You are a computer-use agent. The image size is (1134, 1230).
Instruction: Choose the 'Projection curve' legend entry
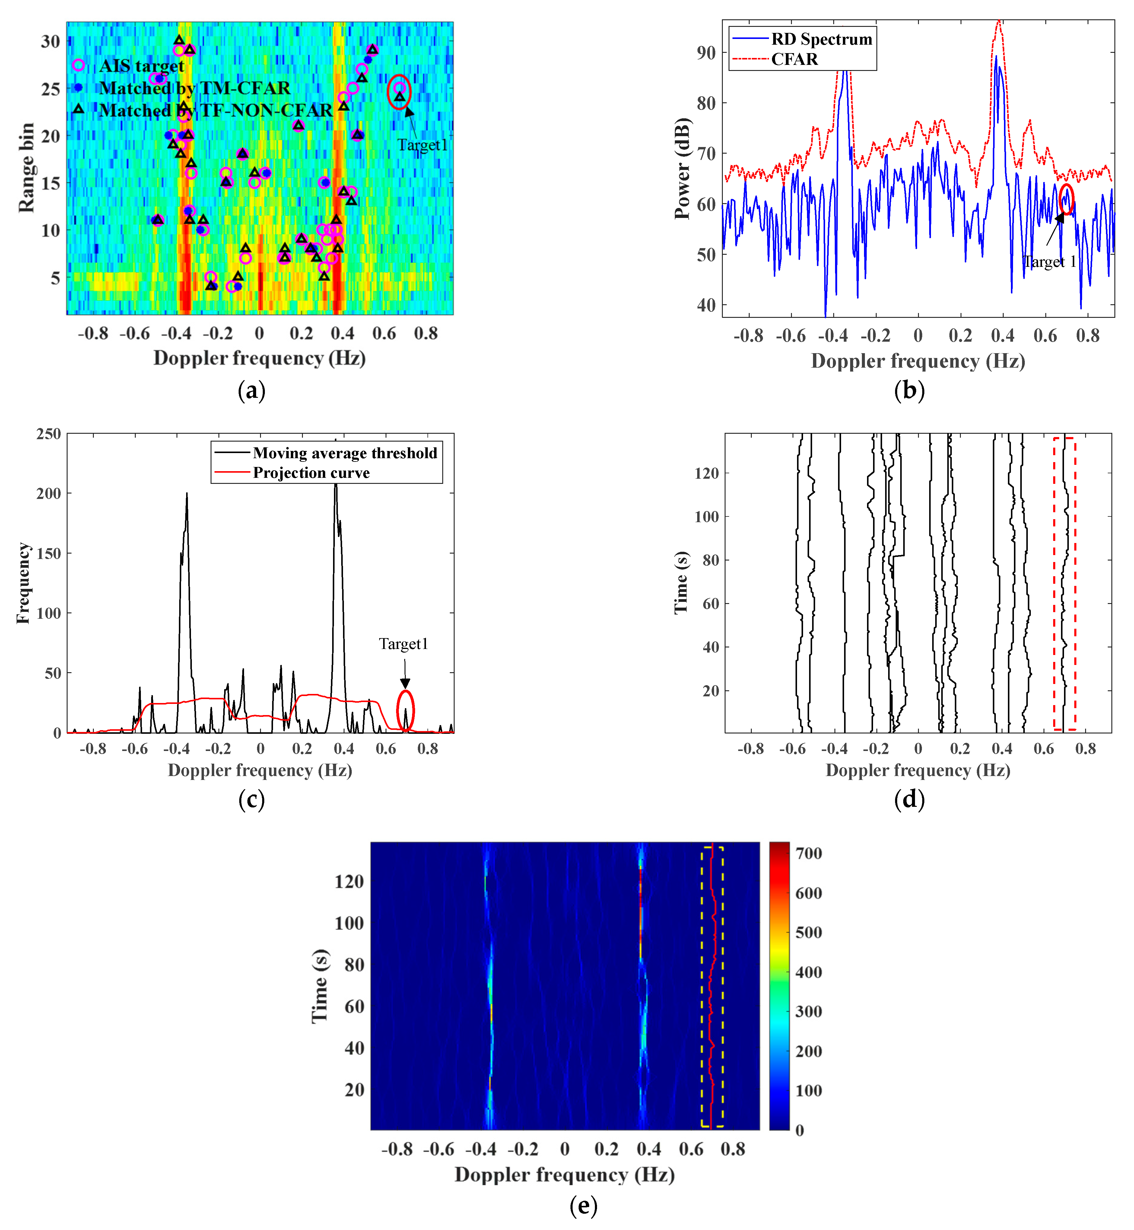[311, 473]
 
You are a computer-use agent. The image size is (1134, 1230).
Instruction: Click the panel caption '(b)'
[909, 391]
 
